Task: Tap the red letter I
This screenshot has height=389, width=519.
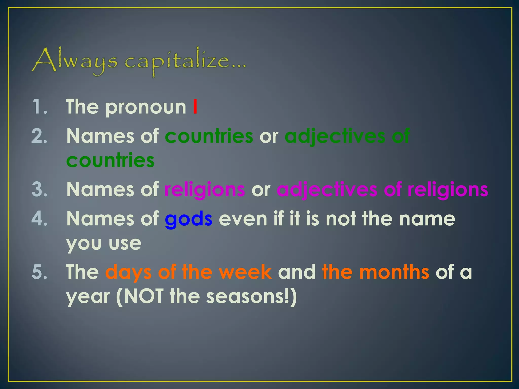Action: pyautogui.click(x=195, y=107)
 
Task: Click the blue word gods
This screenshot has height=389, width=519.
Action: pyautogui.click(x=189, y=219)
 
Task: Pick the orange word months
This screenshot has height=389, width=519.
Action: pyautogui.click(x=394, y=272)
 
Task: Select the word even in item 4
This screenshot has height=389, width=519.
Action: pyautogui.click(x=243, y=219)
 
